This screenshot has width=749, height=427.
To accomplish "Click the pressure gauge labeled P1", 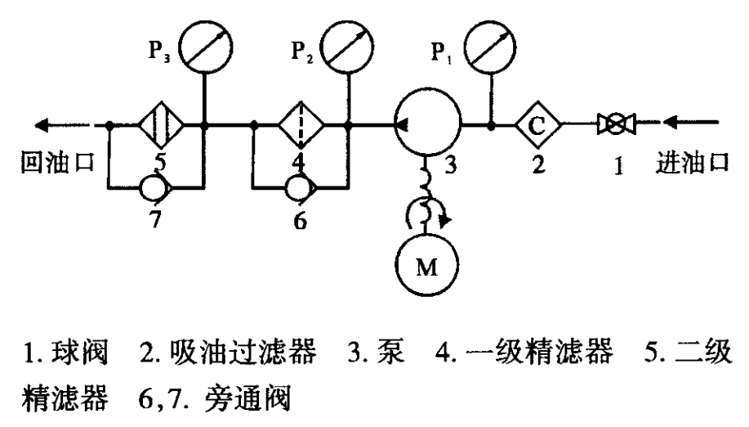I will tap(490, 45).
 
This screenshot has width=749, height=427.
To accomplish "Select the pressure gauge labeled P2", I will tap(349, 45).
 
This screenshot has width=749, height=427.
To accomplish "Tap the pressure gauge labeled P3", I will tap(204, 45).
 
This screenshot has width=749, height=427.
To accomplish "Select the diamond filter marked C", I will tap(538, 126).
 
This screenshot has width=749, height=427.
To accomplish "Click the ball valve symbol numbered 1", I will tap(617, 126).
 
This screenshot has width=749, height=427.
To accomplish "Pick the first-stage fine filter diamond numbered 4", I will tap(301, 126).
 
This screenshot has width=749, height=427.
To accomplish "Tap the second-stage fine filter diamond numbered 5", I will tap(160, 126).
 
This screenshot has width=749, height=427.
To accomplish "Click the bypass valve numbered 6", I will tap(300, 188).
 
